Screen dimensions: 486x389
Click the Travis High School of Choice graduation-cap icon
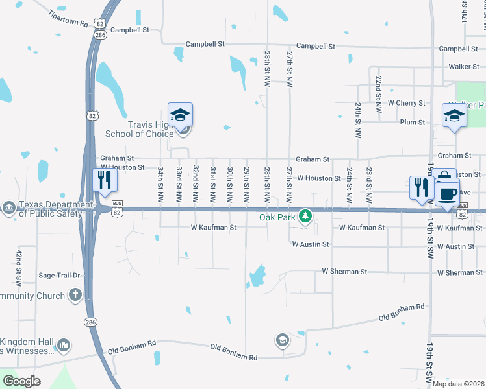pos(181,115)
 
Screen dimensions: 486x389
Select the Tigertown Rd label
pos(68,19)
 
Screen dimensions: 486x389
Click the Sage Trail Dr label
pos(59,275)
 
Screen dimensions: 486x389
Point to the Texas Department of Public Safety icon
pos(8,207)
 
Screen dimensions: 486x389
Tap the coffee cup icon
pos(447,193)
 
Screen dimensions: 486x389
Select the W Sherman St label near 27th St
pos(344,272)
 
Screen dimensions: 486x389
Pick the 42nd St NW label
pos(19,267)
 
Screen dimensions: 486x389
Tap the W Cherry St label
pos(406,103)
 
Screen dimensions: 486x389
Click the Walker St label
pos(463,67)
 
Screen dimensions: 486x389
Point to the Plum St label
pos(412,122)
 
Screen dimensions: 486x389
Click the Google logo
pos(22,381)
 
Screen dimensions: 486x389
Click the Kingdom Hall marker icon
pos(64,345)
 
